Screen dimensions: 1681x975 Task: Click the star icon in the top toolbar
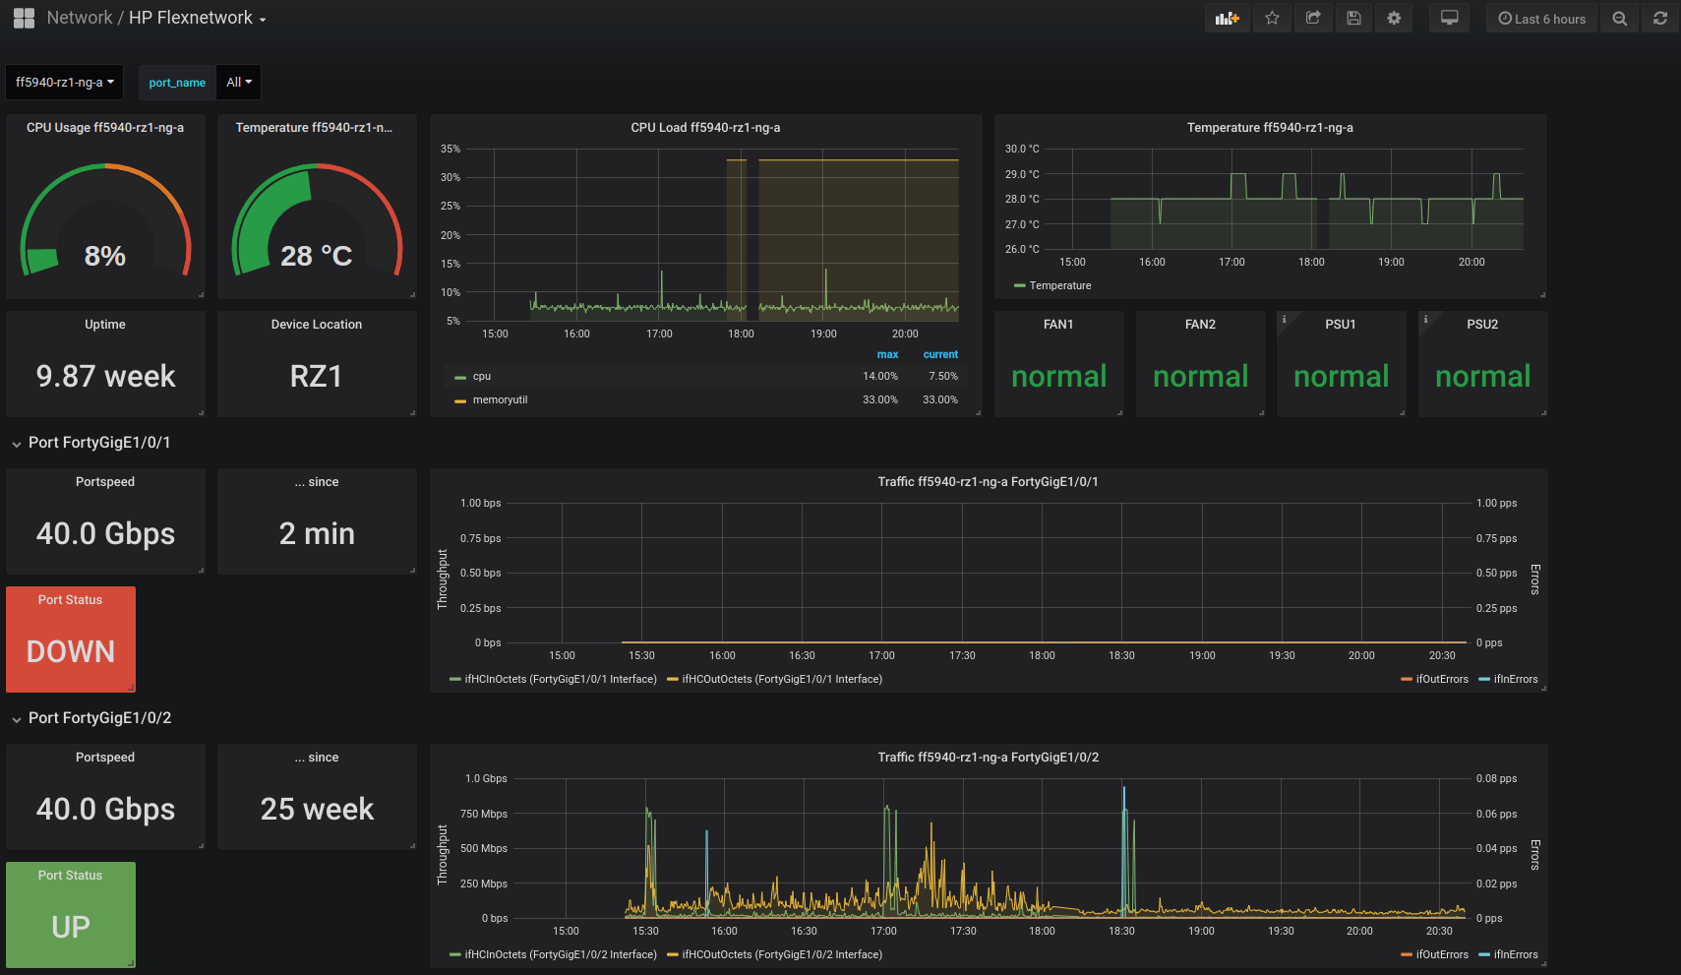click(1272, 18)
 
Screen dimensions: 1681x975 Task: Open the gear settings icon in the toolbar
click(1394, 18)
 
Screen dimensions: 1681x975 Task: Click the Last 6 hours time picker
click(1542, 19)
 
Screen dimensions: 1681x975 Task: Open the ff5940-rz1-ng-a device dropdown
click(65, 82)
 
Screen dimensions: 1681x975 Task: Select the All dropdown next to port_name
click(239, 82)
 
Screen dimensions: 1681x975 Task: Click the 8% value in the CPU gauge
click(105, 256)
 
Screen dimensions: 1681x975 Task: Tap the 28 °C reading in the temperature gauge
click(316, 256)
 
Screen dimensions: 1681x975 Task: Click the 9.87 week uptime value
click(106, 376)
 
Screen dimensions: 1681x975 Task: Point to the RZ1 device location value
click(316, 376)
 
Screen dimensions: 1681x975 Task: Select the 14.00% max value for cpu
click(879, 376)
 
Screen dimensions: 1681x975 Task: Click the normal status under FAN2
click(1200, 376)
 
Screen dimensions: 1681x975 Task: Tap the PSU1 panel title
click(1341, 325)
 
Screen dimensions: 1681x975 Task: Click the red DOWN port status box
click(71, 640)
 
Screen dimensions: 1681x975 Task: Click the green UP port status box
click(71, 915)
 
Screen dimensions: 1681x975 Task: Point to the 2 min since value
click(317, 533)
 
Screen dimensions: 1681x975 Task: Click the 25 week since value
click(317, 809)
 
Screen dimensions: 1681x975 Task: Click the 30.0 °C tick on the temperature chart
click(1022, 149)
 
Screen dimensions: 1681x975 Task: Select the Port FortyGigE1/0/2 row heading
click(99, 717)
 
